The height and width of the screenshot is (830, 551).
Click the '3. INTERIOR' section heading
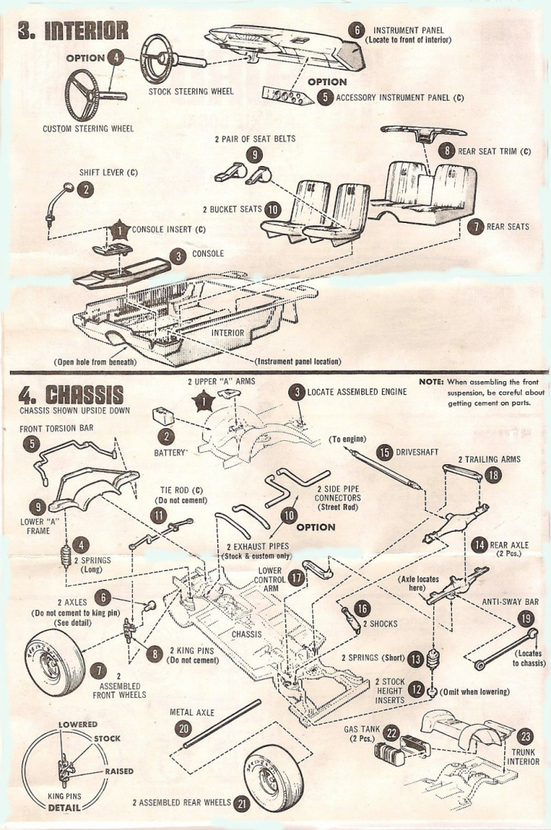(72, 32)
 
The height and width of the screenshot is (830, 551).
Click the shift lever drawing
(58, 203)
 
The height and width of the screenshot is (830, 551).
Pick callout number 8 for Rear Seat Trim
(446, 151)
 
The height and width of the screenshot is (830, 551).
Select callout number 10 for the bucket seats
(273, 208)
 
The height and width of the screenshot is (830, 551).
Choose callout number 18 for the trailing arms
(492, 475)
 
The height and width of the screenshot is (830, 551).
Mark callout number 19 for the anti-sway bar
(526, 618)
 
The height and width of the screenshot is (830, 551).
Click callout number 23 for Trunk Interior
(526, 735)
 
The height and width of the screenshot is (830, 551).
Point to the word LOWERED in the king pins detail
(78, 725)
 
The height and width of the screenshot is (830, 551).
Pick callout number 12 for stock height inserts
(416, 690)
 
